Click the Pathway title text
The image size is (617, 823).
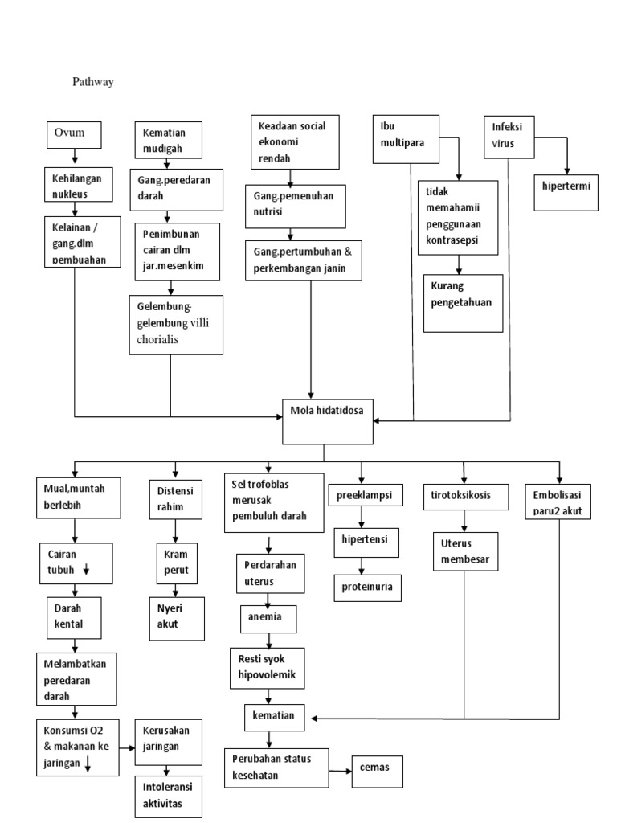[92, 81]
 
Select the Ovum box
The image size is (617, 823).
[74, 134]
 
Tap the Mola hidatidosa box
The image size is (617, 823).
[327, 420]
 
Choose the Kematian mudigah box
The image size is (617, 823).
[169, 139]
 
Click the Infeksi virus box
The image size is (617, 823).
[510, 137]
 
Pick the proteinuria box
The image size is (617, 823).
[367, 587]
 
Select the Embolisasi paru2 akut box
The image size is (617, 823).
[557, 502]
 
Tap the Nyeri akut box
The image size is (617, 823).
[174, 617]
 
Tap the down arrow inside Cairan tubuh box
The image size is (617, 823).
[86, 570]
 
